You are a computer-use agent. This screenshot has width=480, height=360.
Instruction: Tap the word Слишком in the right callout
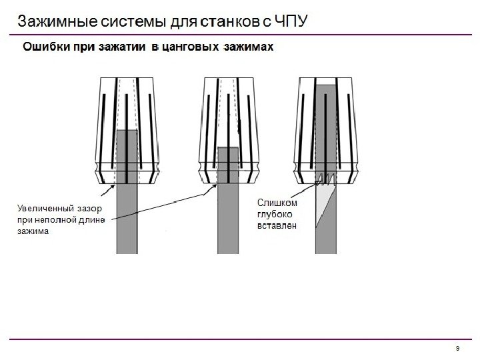275,202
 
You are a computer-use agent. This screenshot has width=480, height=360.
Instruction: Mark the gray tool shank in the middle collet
228,213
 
